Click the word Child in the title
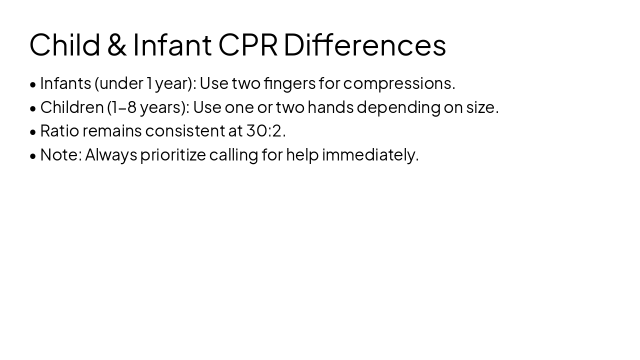(x=65, y=44)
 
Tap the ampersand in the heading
(x=116, y=44)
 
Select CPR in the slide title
(x=247, y=44)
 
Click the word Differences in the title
(x=364, y=44)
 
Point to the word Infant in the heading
(x=172, y=44)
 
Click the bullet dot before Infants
(x=33, y=84)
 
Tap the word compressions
(x=398, y=83)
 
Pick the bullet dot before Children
(x=33, y=108)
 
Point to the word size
(x=482, y=107)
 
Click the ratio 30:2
(x=265, y=131)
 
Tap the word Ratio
(x=59, y=131)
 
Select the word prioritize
(x=173, y=155)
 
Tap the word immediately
(x=370, y=155)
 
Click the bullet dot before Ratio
(x=33, y=132)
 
